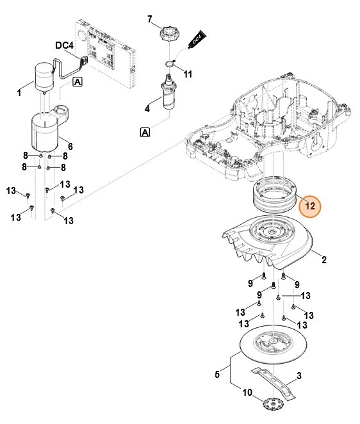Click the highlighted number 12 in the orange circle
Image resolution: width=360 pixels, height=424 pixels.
(310, 206)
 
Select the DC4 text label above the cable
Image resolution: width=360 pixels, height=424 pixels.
(65, 46)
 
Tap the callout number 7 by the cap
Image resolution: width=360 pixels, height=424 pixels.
(150, 19)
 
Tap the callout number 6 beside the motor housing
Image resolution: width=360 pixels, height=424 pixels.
(70, 147)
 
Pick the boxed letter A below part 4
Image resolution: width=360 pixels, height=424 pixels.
(145, 132)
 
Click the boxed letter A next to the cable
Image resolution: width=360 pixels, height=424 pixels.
(78, 81)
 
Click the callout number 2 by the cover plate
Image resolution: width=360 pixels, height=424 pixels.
(323, 260)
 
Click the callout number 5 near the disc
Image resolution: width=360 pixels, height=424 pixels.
(217, 374)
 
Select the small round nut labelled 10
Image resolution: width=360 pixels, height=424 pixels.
(273, 405)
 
